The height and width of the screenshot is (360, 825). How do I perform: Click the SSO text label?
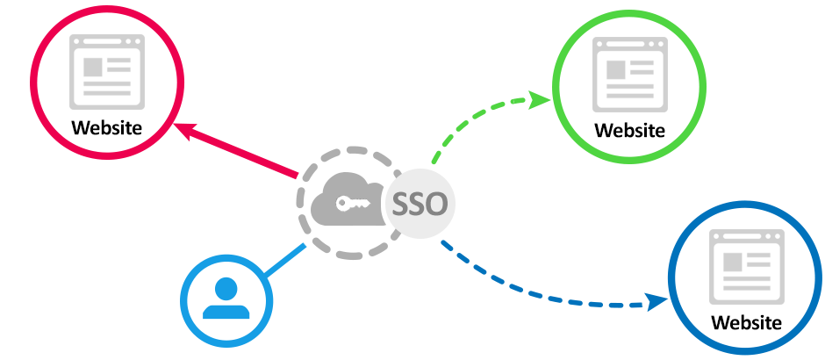point(419,205)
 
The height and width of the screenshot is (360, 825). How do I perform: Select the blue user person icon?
point(226,299)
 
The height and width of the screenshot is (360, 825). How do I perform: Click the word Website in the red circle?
point(107,126)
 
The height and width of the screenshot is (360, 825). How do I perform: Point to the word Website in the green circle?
point(629,131)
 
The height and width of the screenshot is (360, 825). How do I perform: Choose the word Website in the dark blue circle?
point(746,321)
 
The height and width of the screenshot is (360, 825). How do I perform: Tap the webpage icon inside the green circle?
point(628,75)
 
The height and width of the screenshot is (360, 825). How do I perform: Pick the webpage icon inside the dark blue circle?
point(746,266)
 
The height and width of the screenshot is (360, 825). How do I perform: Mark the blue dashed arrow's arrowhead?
point(656,304)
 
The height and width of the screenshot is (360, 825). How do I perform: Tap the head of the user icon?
point(226,287)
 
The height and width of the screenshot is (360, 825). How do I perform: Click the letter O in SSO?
point(436,205)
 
